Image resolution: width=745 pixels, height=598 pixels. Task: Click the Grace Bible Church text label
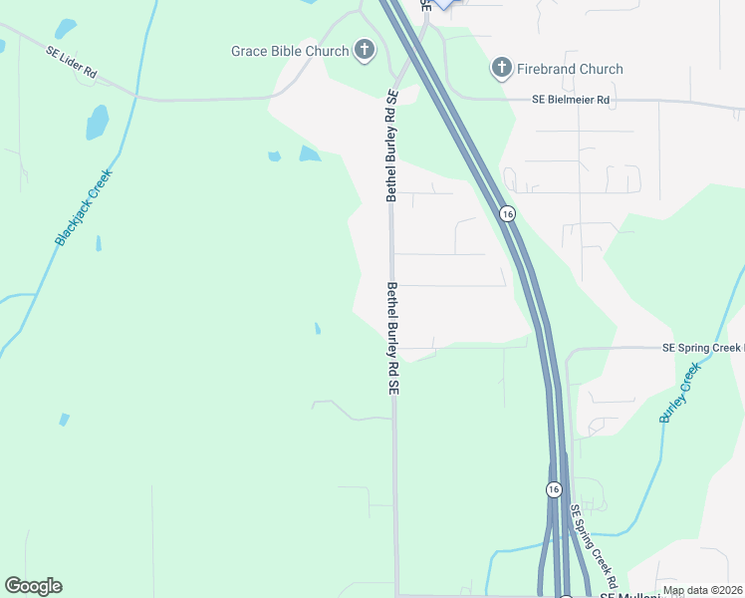click(290, 51)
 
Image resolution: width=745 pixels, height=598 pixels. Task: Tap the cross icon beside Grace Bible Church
click(365, 50)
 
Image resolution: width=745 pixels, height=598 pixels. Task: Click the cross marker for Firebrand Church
click(500, 68)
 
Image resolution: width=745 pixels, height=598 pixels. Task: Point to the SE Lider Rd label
click(71, 61)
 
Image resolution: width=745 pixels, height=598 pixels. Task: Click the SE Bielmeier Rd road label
click(570, 100)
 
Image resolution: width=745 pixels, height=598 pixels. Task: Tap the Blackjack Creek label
click(85, 208)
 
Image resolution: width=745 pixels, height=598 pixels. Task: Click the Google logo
click(33, 586)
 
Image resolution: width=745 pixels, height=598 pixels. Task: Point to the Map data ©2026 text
click(702, 590)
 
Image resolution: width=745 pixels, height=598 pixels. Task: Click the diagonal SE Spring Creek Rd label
click(595, 545)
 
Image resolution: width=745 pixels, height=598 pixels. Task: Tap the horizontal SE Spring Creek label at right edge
click(703, 348)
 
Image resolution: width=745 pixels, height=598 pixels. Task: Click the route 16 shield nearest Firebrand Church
click(507, 214)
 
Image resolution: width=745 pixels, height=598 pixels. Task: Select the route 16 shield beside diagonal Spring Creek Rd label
click(554, 489)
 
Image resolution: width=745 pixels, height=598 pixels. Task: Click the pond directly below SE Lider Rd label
click(97, 123)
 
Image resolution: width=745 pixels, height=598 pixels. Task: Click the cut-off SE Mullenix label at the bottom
click(621, 594)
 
